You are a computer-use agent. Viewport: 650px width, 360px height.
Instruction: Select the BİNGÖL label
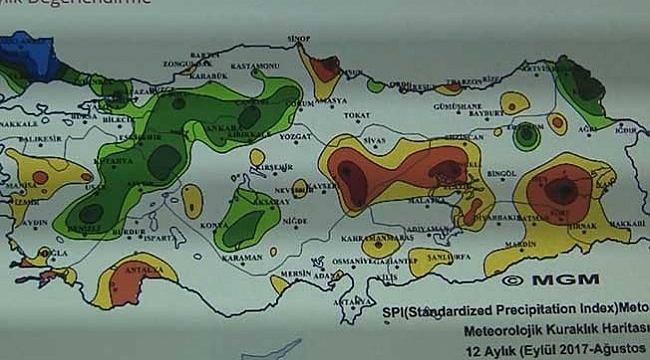click(x=500, y=173)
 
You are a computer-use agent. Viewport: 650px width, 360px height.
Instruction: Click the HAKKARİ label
click(x=626, y=223)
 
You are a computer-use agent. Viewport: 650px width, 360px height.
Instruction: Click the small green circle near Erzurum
click(x=526, y=134)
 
